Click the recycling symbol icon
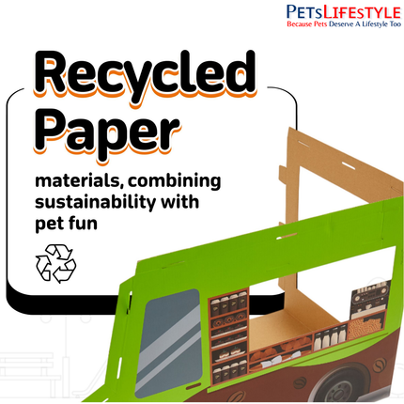click(55, 264)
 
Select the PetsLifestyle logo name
click(344, 12)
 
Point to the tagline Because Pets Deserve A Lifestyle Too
click(344, 23)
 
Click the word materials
click(80, 181)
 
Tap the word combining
click(175, 181)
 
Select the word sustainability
click(95, 202)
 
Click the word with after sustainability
click(179, 201)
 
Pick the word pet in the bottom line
click(51, 224)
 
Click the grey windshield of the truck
click(169, 341)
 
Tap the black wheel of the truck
click(342, 384)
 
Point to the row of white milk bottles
click(330, 335)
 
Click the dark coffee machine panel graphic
click(370, 296)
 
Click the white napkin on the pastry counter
click(272, 363)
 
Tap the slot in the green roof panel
click(286, 236)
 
